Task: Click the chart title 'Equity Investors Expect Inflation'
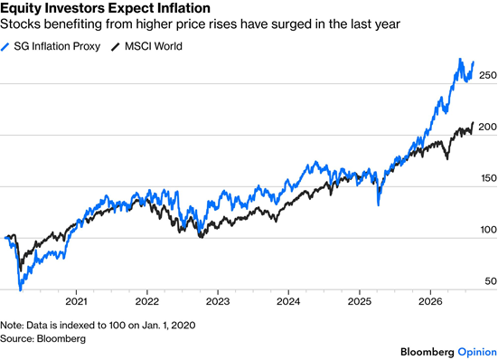click(105, 8)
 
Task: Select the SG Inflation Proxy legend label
click(57, 46)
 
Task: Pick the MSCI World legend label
click(154, 46)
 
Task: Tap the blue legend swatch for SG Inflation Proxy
click(5, 47)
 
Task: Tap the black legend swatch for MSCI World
click(116, 47)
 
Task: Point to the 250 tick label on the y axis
click(487, 75)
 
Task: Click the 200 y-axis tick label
click(487, 127)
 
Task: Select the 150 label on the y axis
click(488, 178)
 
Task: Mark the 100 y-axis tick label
click(488, 230)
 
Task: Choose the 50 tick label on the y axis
click(491, 281)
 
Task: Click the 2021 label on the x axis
click(76, 301)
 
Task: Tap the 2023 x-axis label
click(218, 301)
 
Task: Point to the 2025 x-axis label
click(359, 301)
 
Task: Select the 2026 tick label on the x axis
click(430, 301)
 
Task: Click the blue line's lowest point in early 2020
click(21, 289)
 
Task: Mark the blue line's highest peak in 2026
click(459, 59)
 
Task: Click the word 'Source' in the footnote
click(16, 338)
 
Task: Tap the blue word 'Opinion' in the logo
click(477, 352)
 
